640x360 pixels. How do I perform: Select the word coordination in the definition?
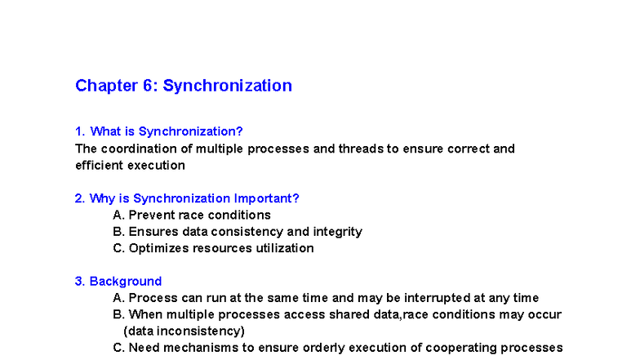(x=136, y=149)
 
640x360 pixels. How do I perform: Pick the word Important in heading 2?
(x=267, y=198)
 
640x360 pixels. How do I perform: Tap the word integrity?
(x=336, y=232)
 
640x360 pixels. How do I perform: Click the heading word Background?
(x=126, y=282)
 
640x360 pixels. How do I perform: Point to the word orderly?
(x=326, y=347)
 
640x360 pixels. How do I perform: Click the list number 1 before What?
(x=79, y=131)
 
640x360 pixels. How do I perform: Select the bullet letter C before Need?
(x=118, y=347)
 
